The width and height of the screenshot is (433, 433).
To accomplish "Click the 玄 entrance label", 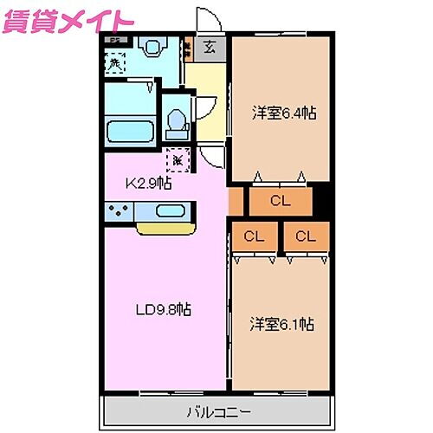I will (x=210, y=48).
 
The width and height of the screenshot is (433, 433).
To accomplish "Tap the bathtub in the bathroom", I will (x=130, y=132).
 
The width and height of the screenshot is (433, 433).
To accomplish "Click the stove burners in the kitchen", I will (x=120, y=210).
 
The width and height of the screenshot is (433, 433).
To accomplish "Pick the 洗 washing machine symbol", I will (x=114, y=63).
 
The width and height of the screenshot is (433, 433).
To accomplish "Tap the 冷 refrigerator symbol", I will (x=178, y=159).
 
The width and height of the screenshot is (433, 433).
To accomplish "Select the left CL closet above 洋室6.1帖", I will (x=253, y=236).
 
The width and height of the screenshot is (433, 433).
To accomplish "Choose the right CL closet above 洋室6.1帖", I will (x=305, y=236).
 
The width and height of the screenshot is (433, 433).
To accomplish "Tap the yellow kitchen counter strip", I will (x=165, y=229).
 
